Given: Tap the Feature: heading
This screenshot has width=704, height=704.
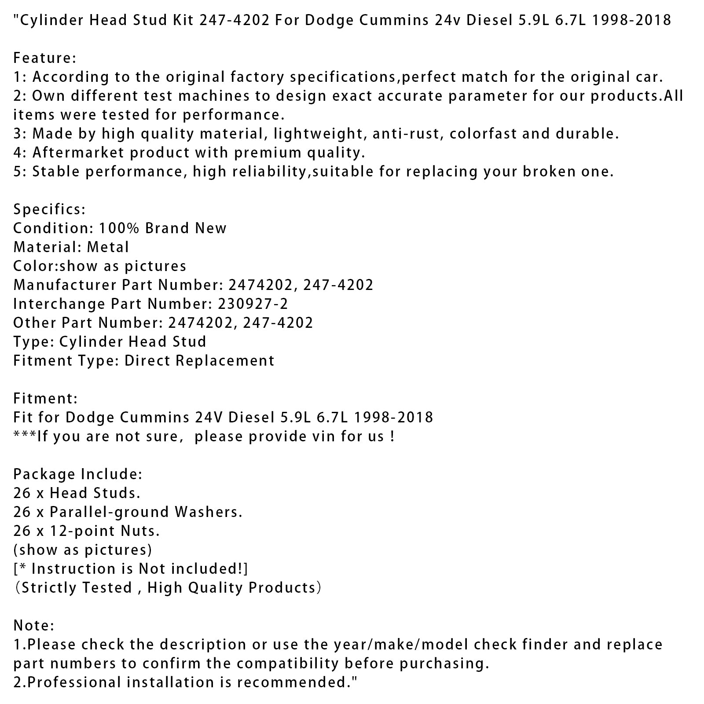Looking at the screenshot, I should point(45,58).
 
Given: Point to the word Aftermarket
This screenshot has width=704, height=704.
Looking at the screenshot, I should point(78,152).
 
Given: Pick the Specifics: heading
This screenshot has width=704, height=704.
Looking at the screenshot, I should point(49,209).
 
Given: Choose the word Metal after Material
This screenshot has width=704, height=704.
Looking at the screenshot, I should point(108,247).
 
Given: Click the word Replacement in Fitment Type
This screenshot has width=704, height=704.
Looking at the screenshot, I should point(225,360).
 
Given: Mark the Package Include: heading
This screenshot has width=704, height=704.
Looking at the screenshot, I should point(77,474).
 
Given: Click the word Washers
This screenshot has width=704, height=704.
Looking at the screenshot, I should point(208,512).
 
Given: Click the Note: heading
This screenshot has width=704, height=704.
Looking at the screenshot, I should point(33,625).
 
